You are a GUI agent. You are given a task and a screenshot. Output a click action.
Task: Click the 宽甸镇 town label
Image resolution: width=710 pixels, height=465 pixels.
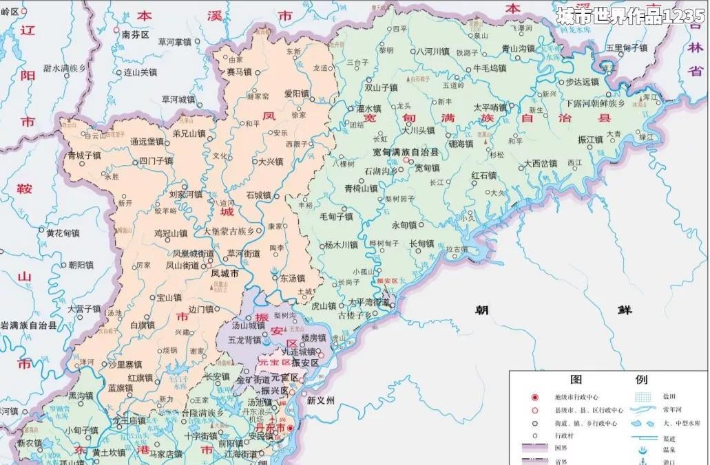426,168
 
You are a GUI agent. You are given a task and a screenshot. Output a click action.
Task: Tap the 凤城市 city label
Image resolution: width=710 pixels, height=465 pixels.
225,273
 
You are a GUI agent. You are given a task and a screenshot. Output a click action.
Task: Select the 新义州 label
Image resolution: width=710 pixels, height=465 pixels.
321,400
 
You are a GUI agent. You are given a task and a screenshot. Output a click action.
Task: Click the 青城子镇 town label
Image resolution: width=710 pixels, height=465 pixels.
85,156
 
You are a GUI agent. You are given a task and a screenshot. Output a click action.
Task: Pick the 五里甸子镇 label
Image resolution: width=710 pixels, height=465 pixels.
627,47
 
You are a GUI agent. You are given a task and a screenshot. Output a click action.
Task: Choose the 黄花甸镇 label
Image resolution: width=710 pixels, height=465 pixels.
63,233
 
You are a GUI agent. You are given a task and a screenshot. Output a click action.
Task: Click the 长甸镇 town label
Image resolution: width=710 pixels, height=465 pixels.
421,244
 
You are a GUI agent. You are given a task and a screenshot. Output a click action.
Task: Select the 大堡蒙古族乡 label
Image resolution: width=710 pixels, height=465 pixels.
233,232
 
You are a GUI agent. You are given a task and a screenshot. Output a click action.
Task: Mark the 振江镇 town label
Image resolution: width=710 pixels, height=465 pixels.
590,139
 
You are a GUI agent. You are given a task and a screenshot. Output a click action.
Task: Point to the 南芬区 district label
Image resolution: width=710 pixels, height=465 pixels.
136,34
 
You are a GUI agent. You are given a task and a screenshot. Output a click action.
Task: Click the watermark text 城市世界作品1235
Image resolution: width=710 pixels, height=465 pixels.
630,16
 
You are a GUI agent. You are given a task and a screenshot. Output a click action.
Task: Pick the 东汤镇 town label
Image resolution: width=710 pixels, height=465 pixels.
292,279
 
